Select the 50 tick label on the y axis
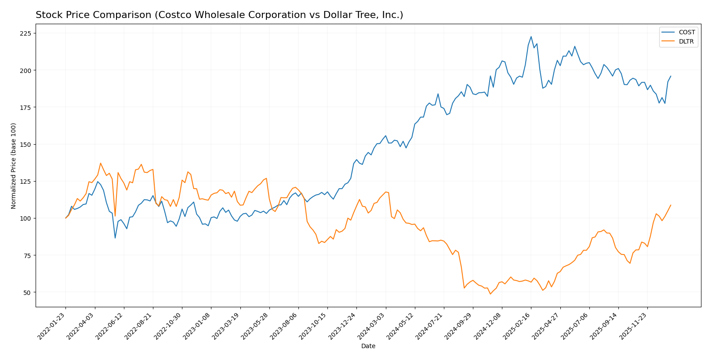click(27, 292)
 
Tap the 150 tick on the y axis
click(25, 145)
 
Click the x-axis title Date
click(368, 346)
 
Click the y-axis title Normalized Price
click(14, 166)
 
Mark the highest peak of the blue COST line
click(531, 36)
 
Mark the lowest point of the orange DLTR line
click(490, 294)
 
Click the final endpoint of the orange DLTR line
click(671, 205)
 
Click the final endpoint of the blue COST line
click(671, 76)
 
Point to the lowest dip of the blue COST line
click(115, 238)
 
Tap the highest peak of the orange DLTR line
click(100, 163)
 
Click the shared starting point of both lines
click(65, 218)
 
